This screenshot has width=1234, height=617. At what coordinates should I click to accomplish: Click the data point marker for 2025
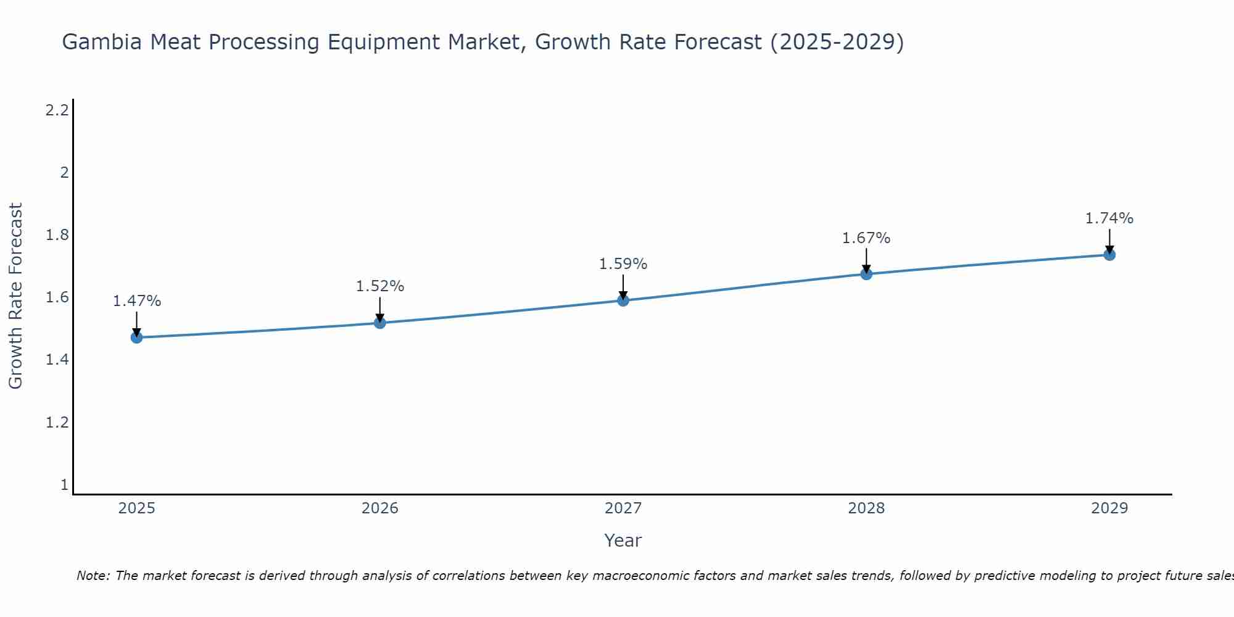[137, 337]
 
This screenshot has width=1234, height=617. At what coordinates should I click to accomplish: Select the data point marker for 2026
[380, 323]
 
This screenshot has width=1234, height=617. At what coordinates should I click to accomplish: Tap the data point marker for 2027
[623, 300]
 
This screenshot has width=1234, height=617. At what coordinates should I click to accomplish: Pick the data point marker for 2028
[866, 274]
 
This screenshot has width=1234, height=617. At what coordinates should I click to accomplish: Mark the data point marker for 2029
[1109, 255]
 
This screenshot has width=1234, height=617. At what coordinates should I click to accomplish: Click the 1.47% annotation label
[137, 301]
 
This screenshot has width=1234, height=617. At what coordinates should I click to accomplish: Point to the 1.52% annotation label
[380, 286]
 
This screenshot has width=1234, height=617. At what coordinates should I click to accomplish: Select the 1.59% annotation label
[623, 264]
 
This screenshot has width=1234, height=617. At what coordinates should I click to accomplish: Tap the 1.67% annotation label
[866, 238]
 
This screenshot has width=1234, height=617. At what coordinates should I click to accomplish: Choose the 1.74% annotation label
[1109, 218]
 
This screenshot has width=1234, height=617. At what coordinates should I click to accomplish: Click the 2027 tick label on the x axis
[623, 508]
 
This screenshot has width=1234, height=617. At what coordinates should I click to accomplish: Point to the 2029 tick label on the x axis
[1109, 508]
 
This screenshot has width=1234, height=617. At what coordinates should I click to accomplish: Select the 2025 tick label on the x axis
[137, 508]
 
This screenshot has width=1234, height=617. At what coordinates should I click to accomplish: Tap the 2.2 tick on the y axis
[57, 110]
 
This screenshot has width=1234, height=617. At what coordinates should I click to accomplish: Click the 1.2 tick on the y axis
[57, 423]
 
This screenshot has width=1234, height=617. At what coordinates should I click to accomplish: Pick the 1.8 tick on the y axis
[57, 235]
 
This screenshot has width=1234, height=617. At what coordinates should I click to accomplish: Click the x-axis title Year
[623, 540]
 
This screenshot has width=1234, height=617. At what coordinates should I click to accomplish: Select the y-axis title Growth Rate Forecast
[16, 296]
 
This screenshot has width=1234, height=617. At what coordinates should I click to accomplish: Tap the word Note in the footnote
[93, 576]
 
